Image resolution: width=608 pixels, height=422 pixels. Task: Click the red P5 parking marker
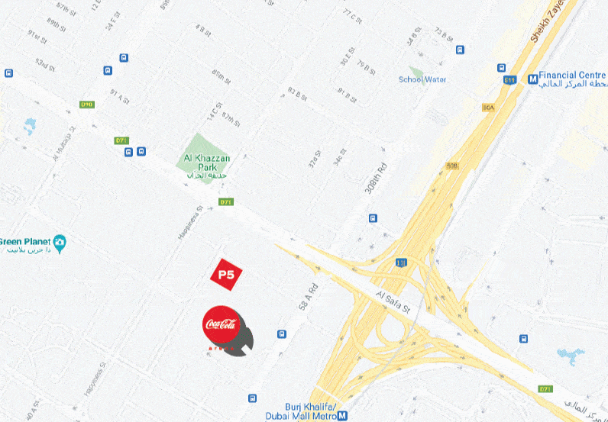(x=225, y=275)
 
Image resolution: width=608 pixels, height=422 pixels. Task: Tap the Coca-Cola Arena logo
(x=222, y=326)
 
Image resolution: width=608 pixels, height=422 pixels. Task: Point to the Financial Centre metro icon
(x=532, y=78)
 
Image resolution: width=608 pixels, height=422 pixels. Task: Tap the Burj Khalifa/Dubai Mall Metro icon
(x=342, y=416)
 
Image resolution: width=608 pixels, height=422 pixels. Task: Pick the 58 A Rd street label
(x=302, y=291)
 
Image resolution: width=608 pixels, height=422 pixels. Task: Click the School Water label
(x=422, y=79)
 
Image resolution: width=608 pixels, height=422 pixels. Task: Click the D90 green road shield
(x=87, y=105)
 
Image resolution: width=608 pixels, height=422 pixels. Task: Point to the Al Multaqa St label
(x=65, y=149)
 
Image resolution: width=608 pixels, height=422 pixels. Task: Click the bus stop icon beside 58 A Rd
(x=282, y=334)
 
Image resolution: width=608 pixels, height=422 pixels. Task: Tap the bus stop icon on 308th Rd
(x=373, y=217)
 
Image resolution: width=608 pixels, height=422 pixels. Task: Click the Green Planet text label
(x=24, y=242)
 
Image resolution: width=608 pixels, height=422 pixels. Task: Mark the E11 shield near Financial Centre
(x=510, y=79)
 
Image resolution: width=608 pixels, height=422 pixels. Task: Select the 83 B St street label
(x=296, y=94)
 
